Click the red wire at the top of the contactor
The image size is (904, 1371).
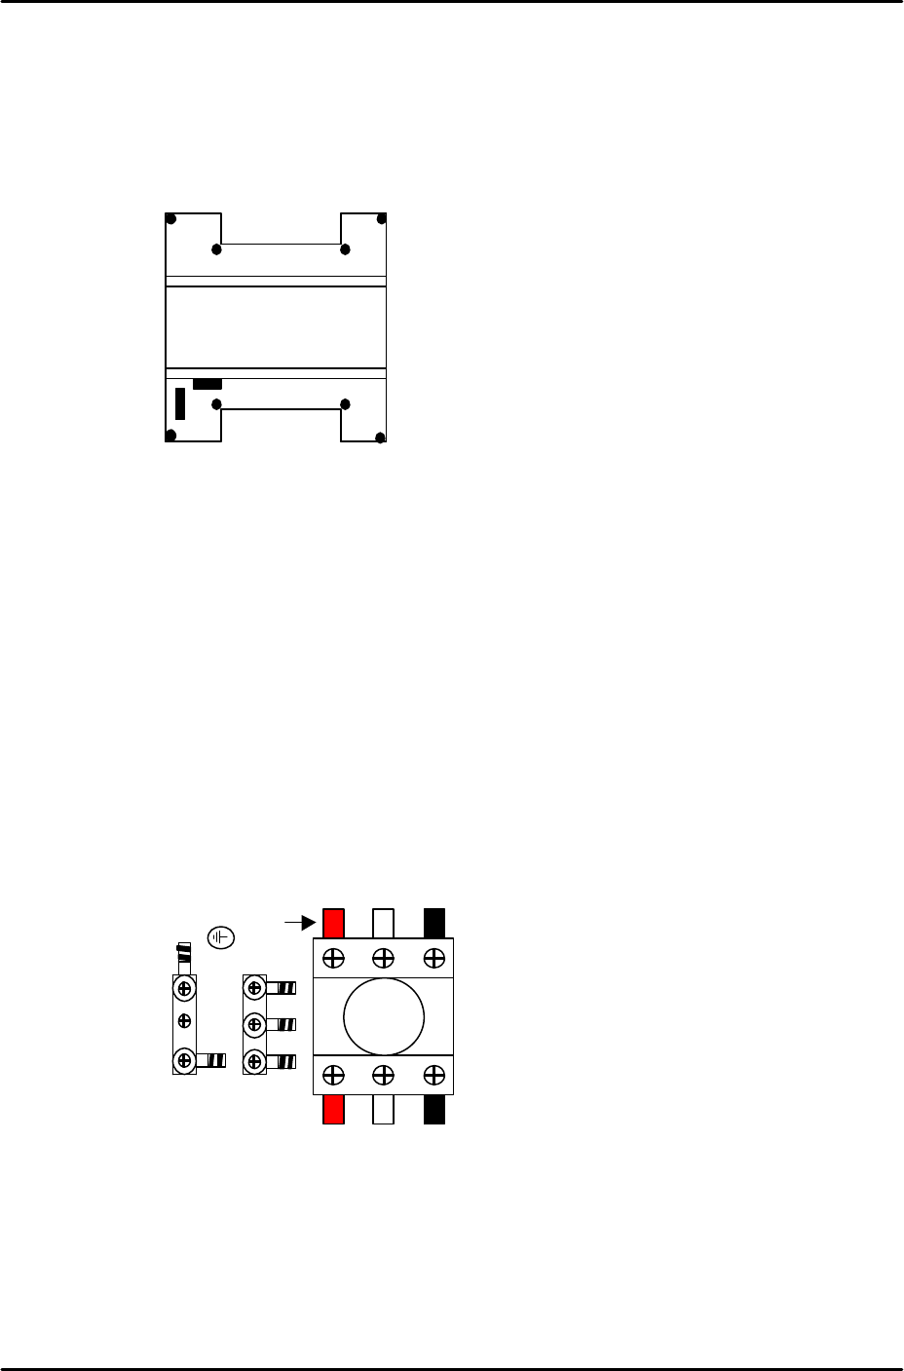tap(334, 922)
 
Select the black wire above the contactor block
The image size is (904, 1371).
tap(434, 922)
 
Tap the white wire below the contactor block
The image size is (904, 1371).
tap(383, 1109)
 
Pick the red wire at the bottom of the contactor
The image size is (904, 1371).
tap(334, 1109)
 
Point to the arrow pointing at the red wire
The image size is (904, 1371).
tap(302, 919)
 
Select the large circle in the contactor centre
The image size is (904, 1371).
tap(384, 1016)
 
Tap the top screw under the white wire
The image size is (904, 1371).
tap(384, 957)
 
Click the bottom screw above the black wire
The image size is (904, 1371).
tap(433, 1075)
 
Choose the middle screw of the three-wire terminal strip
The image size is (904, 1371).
tap(253, 1024)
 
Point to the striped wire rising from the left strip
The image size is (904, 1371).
tap(183, 955)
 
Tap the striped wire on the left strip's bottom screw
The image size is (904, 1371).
tap(211, 1060)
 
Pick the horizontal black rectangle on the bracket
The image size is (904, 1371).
tap(207, 384)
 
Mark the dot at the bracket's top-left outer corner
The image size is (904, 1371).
tap(170, 217)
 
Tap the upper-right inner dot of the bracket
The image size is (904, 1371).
tap(345, 250)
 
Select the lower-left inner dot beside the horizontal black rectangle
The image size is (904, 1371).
tap(217, 403)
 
